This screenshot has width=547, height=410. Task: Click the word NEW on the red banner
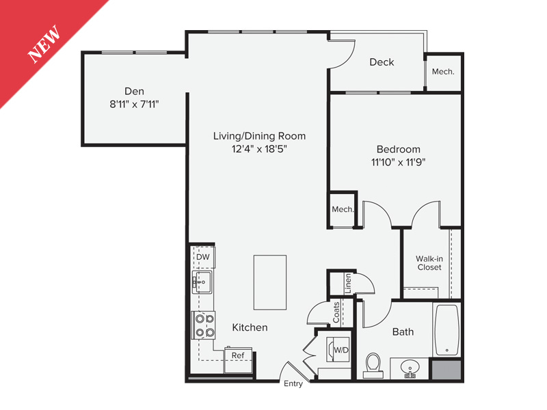click(x=44, y=44)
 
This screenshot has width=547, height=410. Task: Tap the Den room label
click(x=134, y=91)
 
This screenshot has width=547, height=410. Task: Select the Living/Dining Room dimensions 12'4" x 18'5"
click(x=258, y=149)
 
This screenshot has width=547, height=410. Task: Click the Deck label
click(x=382, y=62)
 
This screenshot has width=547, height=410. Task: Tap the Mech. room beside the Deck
click(x=443, y=71)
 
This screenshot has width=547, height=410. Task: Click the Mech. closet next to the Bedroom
click(x=342, y=210)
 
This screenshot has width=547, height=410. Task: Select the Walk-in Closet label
click(x=429, y=263)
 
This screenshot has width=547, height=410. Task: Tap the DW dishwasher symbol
click(x=202, y=257)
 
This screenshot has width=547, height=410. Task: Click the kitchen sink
click(x=202, y=282)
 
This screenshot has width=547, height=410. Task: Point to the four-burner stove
click(x=204, y=325)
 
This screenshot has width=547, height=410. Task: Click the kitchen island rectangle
click(x=270, y=282)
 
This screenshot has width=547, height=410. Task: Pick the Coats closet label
click(x=336, y=314)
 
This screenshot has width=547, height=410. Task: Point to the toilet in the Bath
click(x=373, y=364)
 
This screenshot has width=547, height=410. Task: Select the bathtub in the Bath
click(x=446, y=329)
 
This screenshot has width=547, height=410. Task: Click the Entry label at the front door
click(x=293, y=384)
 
